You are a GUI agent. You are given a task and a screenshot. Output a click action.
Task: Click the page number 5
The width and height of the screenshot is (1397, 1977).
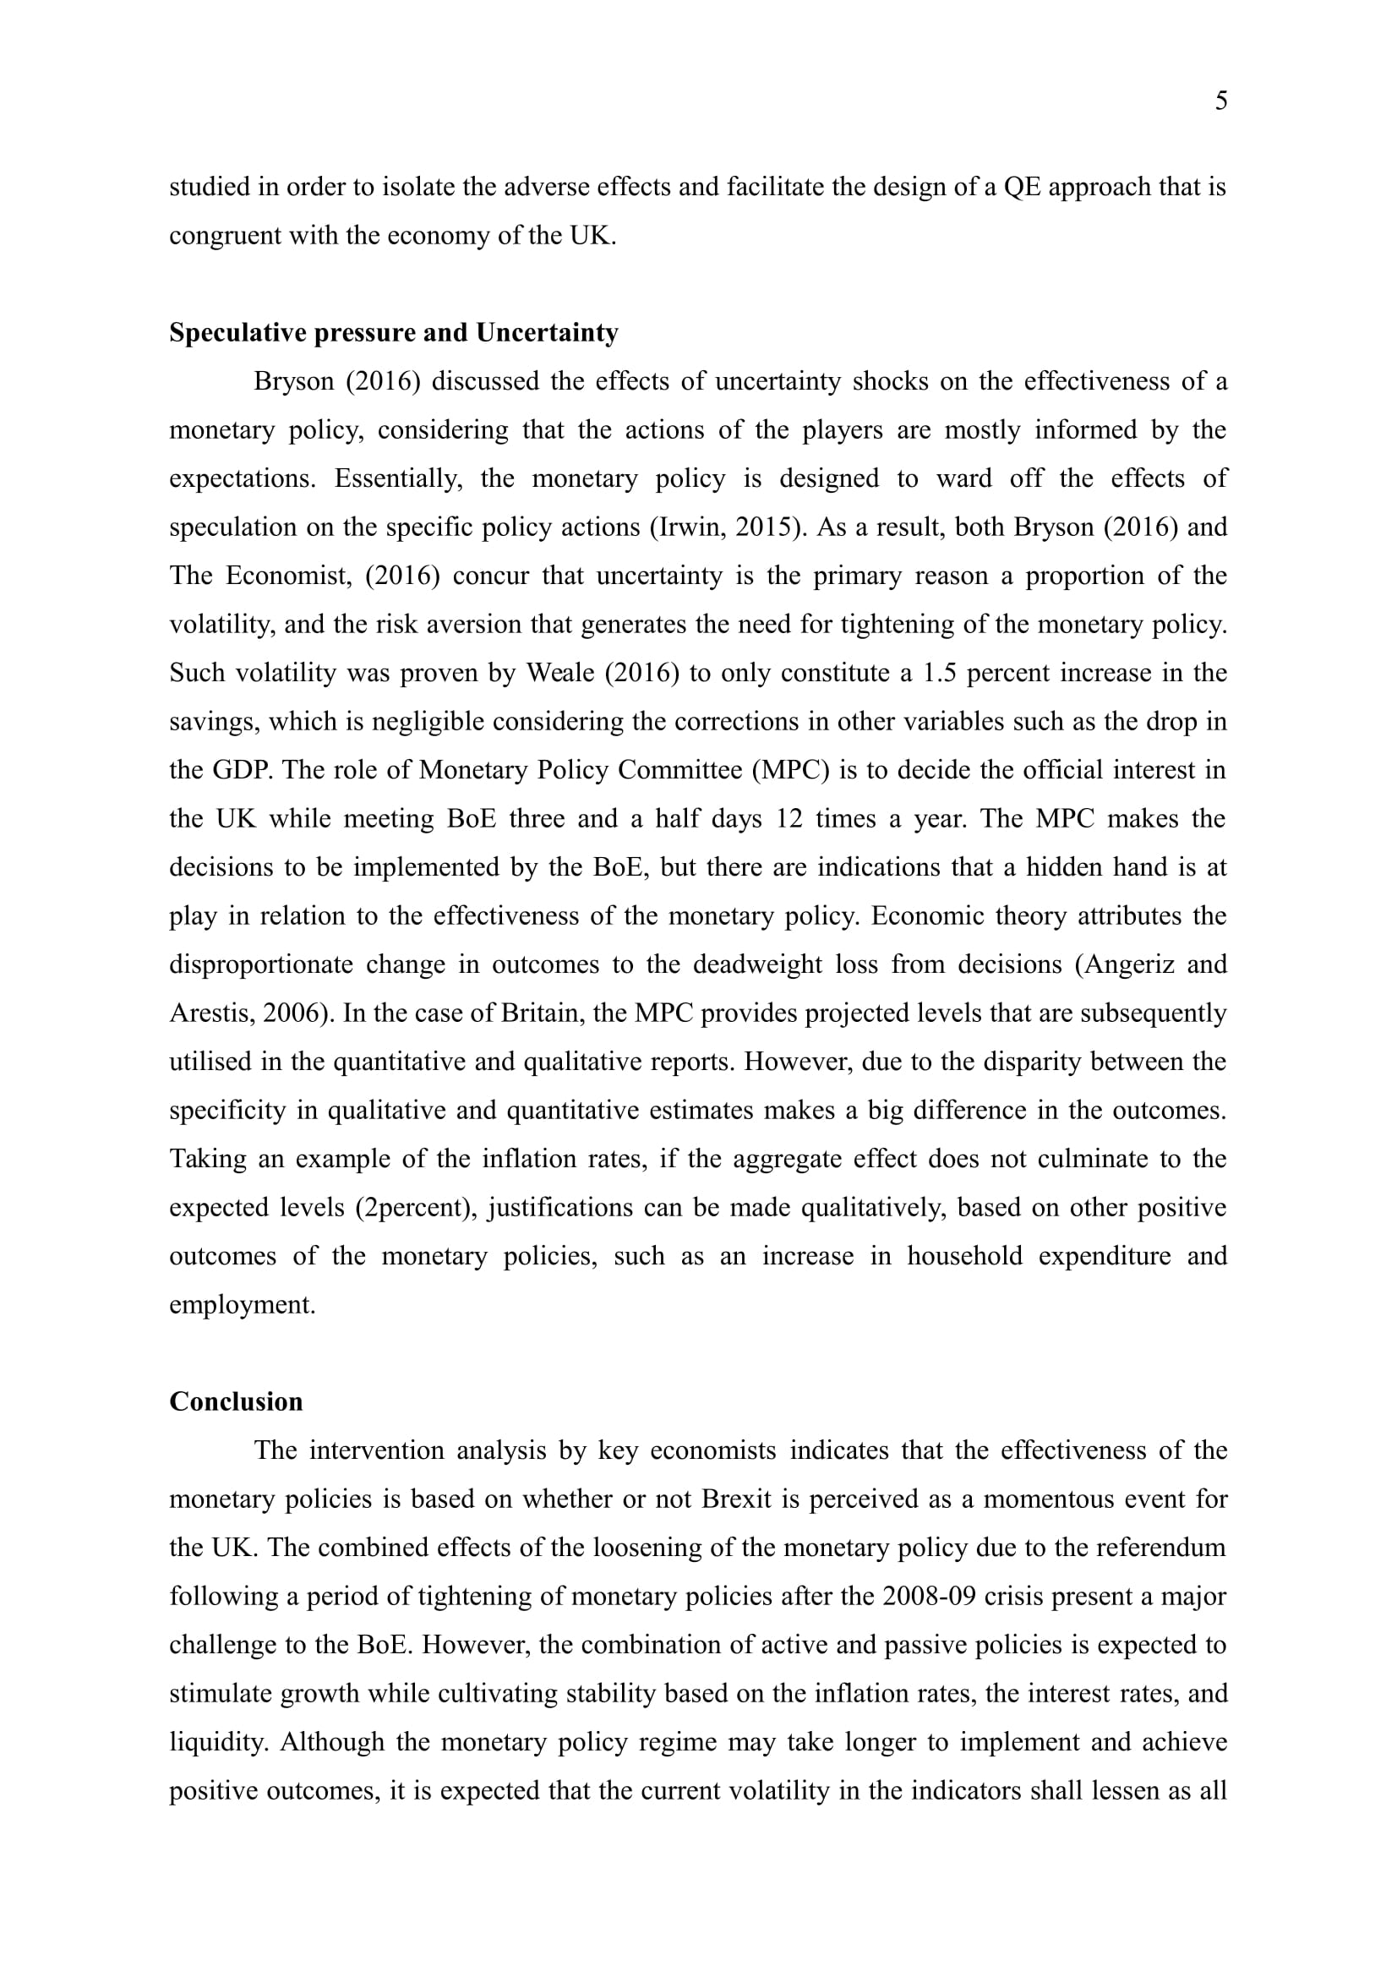pos(1220,101)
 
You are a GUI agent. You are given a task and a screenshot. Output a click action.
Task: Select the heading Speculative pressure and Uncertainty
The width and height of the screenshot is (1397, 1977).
pos(393,332)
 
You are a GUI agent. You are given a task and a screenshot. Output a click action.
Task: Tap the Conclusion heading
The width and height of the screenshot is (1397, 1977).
pos(236,1401)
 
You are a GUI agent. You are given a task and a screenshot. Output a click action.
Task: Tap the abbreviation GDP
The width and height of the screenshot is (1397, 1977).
pos(243,770)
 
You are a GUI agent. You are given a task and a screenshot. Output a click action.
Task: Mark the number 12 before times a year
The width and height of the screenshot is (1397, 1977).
pos(789,818)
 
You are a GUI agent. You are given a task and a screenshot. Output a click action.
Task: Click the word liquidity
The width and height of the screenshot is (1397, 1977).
pos(218,1742)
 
